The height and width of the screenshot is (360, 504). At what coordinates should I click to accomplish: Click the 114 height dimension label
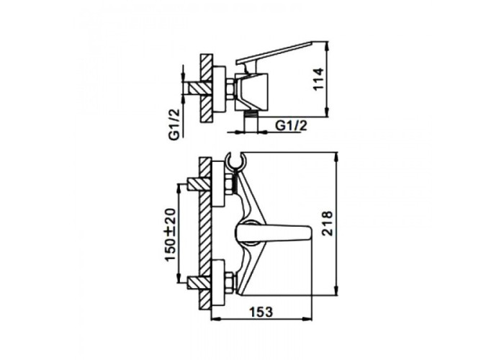[x=318, y=78]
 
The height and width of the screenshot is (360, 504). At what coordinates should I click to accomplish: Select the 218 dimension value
[x=327, y=223]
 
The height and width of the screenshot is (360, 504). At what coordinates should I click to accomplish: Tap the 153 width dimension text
[x=261, y=312]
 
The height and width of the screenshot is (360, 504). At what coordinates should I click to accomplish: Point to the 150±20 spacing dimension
[x=171, y=235]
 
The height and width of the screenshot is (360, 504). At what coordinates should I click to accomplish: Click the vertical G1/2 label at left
[x=174, y=124]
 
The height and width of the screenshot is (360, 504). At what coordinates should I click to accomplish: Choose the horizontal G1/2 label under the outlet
[x=291, y=125]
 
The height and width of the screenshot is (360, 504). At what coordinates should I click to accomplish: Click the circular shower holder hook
[x=236, y=161]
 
